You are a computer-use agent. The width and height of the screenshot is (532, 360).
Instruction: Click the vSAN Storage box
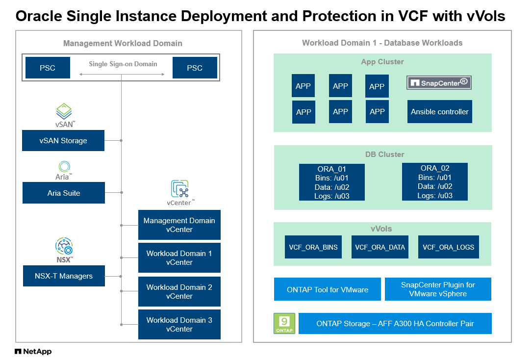click(63, 141)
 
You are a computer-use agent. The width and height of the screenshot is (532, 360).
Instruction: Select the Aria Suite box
click(64, 193)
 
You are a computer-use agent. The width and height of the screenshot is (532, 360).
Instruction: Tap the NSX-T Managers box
click(64, 276)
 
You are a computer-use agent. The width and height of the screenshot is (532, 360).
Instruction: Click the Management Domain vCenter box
click(179, 225)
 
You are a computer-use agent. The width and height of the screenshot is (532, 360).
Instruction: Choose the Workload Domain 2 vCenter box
click(179, 291)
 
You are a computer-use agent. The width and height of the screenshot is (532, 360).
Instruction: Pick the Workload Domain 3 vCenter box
click(179, 324)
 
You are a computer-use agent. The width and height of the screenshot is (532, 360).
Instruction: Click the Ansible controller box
click(440, 112)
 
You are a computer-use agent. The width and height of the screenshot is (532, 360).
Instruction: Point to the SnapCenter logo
click(439, 83)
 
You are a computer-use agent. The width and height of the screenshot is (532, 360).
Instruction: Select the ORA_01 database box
click(332, 182)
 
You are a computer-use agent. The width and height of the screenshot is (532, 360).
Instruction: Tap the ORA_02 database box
click(435, 182)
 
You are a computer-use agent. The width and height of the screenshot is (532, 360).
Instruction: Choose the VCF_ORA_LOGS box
click(449, 247)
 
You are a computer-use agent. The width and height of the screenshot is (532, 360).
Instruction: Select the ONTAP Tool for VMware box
click(328, 289)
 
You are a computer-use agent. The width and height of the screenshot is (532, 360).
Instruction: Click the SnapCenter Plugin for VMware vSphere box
click(438, 289)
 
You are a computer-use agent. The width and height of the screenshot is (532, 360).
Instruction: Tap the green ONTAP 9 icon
click(284, 323)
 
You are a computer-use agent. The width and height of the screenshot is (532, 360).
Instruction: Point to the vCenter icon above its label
click(180, 189)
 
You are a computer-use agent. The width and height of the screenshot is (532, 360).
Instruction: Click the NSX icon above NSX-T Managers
click(64, 247)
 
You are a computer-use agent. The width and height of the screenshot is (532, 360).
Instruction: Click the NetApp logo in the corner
click(33, 351)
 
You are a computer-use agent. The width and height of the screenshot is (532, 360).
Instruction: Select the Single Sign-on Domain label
click(123, 64)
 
